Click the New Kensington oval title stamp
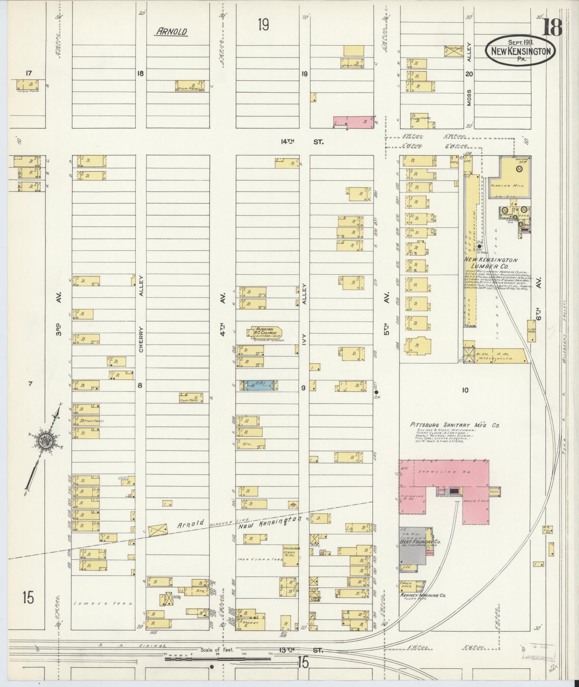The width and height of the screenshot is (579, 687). pos(520,51)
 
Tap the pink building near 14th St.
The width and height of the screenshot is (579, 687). pos(354,122)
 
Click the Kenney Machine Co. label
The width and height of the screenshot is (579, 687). pos(423,595)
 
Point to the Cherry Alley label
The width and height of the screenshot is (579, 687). pos(141,315)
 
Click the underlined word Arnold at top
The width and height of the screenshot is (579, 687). pos(171,32)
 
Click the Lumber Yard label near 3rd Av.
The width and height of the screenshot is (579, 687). pos(103,603)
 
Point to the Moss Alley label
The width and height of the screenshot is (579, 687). pos(469,75)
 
